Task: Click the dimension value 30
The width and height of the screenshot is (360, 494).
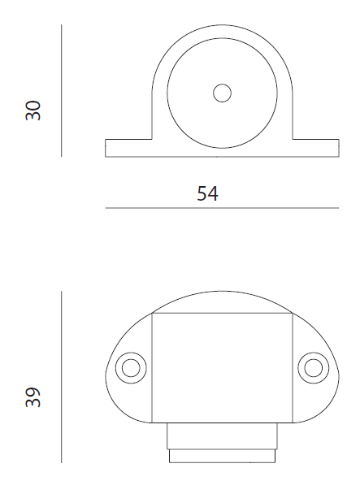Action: [33, 110]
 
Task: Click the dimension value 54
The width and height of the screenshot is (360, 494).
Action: [207, 193]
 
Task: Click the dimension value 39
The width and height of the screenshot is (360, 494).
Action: [33, 397]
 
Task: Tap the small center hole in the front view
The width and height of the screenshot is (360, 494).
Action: [222, 93]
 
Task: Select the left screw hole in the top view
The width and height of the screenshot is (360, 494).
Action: [131, 368]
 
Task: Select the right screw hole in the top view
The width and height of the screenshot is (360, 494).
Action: [314, 368]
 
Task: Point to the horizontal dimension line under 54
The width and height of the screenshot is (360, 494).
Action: [222, 208]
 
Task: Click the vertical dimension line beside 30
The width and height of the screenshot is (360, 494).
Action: [62, 91]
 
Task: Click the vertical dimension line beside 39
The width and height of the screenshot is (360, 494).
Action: [62, 377]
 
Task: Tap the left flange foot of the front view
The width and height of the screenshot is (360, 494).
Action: [128, 148]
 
